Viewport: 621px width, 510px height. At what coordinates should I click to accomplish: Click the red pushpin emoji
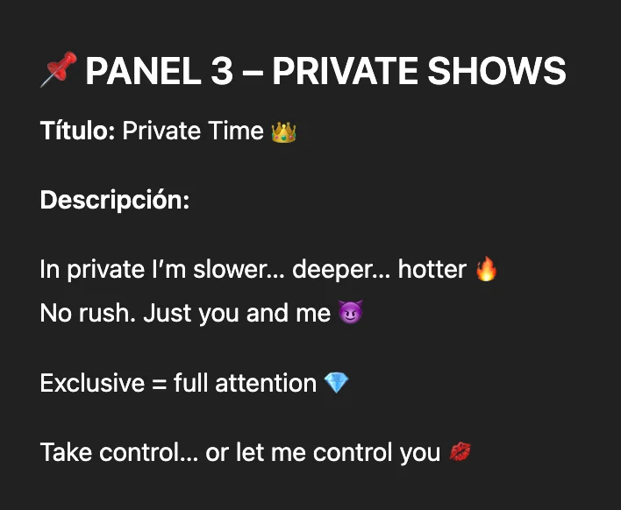click(x=59, y=69)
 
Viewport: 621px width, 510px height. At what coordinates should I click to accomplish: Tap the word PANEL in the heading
click(x=143, y=71)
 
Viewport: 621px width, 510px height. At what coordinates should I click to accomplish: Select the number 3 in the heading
click(x=222, y=71)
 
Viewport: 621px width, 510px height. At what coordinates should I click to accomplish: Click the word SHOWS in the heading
click(x=497, y=71)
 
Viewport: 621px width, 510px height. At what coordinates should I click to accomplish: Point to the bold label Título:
click(x=77, y=131)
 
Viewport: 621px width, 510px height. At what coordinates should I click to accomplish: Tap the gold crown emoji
click(x=283, y=132)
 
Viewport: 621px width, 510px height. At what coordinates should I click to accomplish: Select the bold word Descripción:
click(x=115, y=200)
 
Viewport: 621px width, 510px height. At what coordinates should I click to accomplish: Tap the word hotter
click(x=432, y=269)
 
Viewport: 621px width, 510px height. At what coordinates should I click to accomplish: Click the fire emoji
click(x=486, y=269)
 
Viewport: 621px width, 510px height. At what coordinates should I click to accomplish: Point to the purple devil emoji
click(x=351, y=312)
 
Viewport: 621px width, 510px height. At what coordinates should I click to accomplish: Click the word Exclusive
click(x=92, y=383)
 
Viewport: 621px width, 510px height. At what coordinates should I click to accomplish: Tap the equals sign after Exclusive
click(x=160, y=384)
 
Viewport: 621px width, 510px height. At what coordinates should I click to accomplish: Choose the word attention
click(x=266, y=383)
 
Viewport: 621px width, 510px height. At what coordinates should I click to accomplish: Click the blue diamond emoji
click(x=336, y=383)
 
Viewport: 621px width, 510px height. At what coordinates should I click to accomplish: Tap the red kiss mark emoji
click(x=460, y=452)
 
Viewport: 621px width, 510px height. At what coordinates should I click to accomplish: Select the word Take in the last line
click(x=66, y=452)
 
